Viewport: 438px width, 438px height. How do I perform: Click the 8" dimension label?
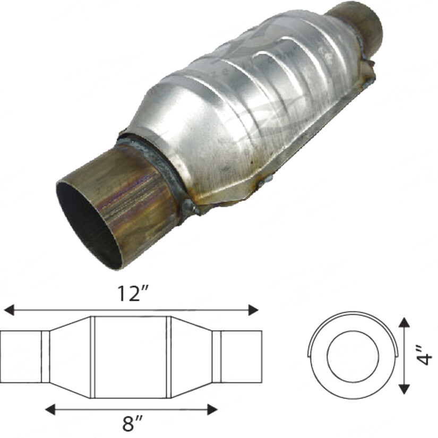pos(131,424)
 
